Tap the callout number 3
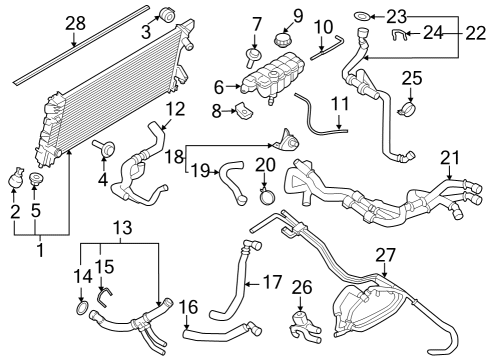[145, 34]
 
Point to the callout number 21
[451, 157]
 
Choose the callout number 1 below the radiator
[40, 248]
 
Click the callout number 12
[176, 108]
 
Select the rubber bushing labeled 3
[167, 16]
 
